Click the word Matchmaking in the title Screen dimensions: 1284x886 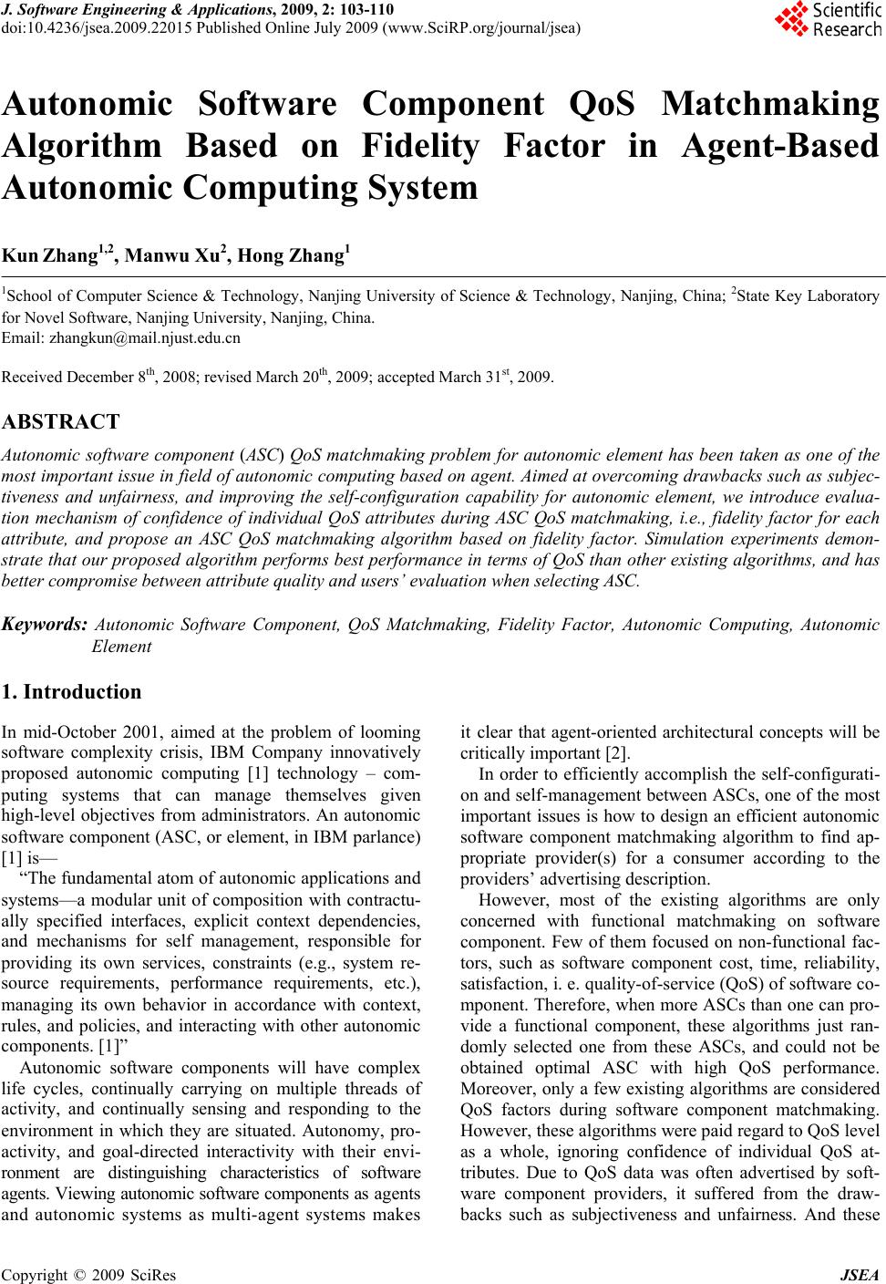(770, 105)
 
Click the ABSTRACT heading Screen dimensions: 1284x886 (61, 422)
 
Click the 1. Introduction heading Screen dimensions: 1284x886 (72, 692)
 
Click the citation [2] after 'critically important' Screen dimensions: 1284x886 (617, 753)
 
